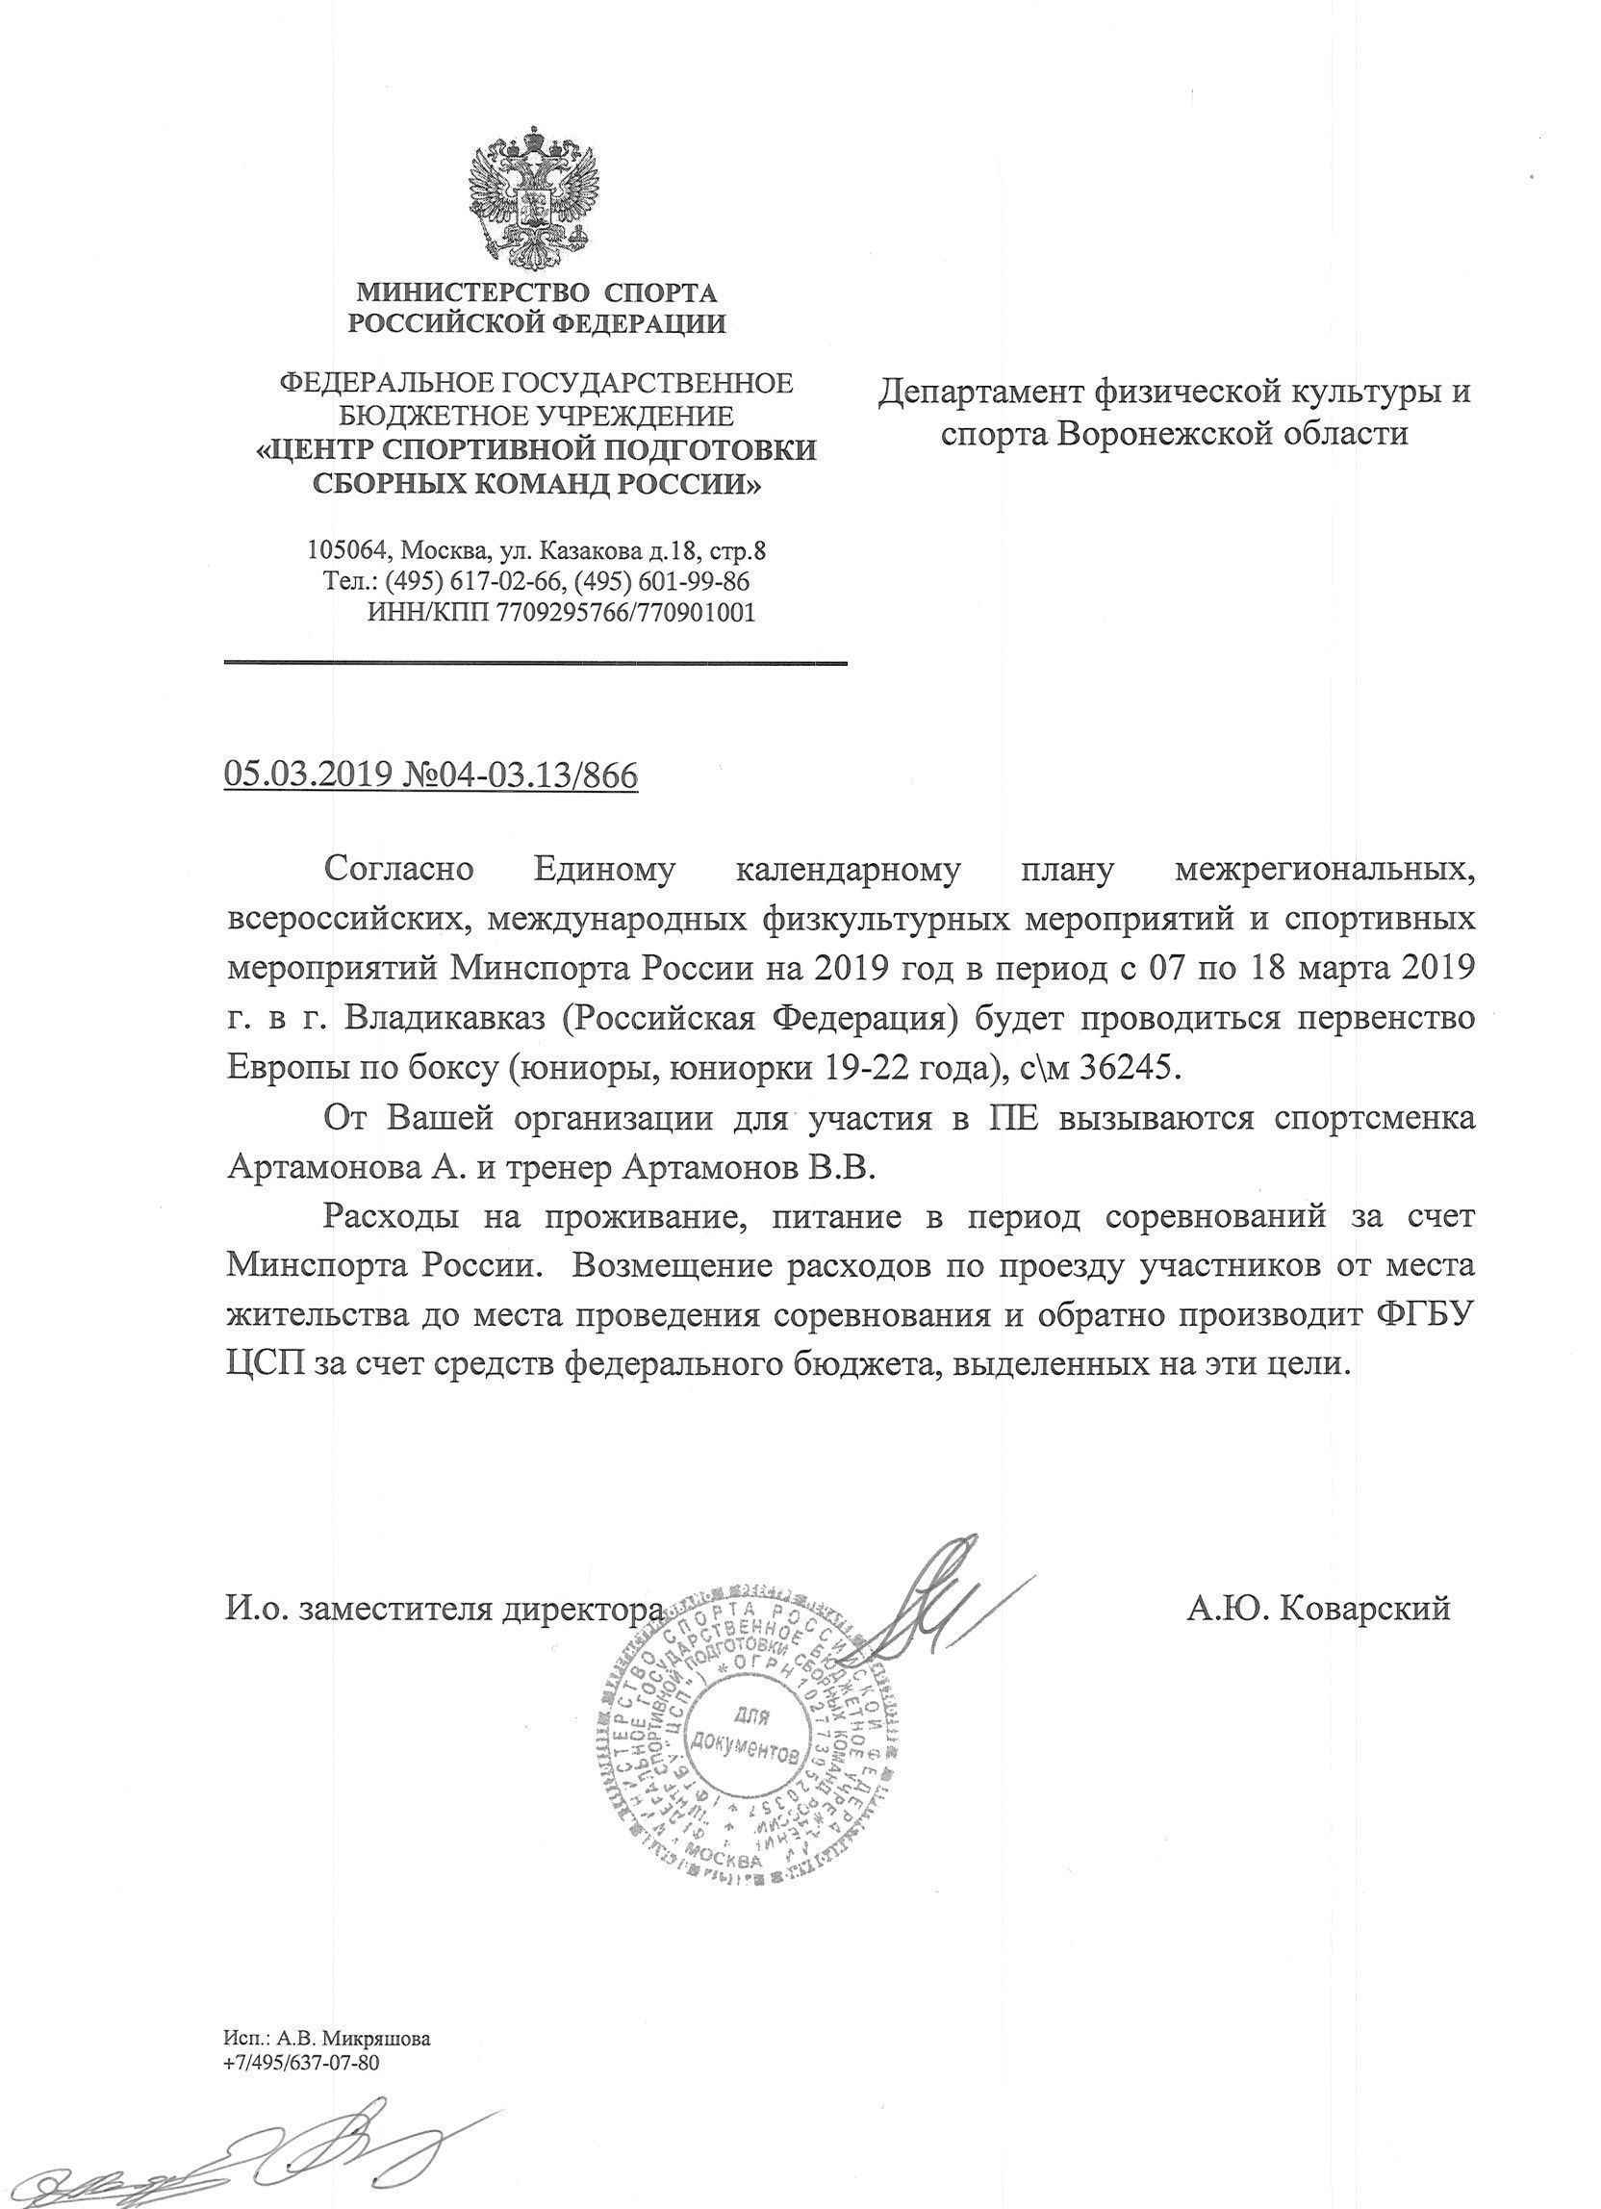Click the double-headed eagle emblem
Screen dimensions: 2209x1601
(534, 200)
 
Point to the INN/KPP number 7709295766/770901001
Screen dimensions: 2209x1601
(625, 613)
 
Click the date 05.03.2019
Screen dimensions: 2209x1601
(308, 775)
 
